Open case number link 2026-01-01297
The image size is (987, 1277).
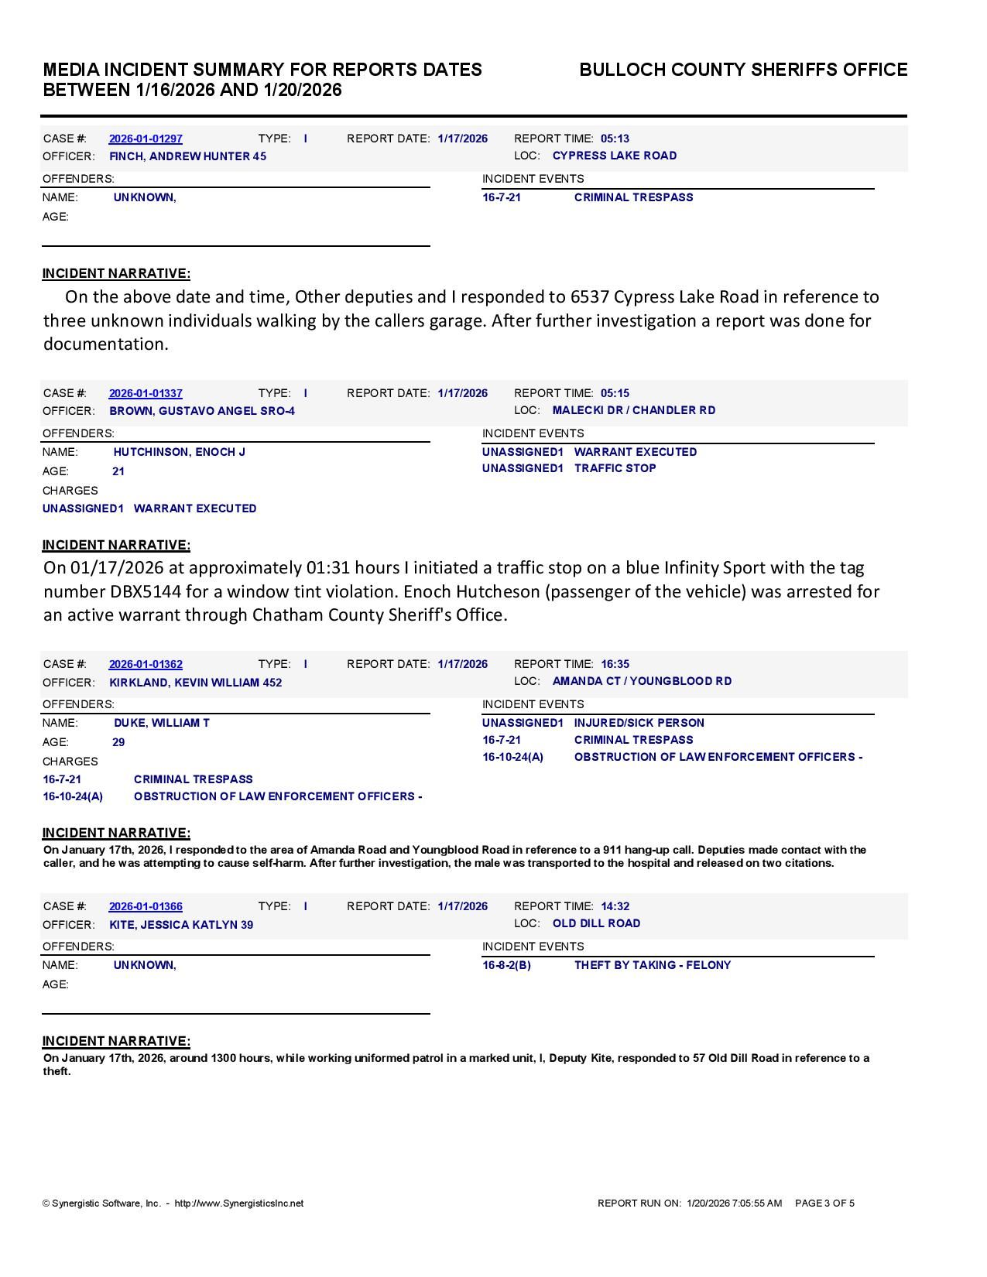coord(146,139)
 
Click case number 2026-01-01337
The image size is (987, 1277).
coord(146,393)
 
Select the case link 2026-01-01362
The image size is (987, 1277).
coord(146,664)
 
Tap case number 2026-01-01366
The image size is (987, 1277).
coord(146,906)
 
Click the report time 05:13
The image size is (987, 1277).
coord(615,139)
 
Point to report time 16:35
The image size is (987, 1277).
coord(615,664)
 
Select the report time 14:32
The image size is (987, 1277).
coord(615,906)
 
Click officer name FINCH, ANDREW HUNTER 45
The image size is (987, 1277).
coord(187,156)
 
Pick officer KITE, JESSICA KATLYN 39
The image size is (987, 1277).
coord(181,925)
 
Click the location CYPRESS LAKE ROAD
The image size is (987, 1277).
coord(615,156)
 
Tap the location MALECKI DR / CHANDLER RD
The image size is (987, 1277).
coord(634,410)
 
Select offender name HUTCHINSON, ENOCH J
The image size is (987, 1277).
coord(179,452)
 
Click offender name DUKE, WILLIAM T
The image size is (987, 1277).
coord(161,723)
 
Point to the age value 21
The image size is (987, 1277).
coord(118,471)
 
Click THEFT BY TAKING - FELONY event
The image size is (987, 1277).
coord(652,965)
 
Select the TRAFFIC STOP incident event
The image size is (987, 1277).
coord(615,468)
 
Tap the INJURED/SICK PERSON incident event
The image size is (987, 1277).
coord(639,723)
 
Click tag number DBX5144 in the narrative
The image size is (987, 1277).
coord(155,591)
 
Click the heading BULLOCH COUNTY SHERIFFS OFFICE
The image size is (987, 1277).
coord(743,70)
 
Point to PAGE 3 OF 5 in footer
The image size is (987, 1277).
coord(824,1203)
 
